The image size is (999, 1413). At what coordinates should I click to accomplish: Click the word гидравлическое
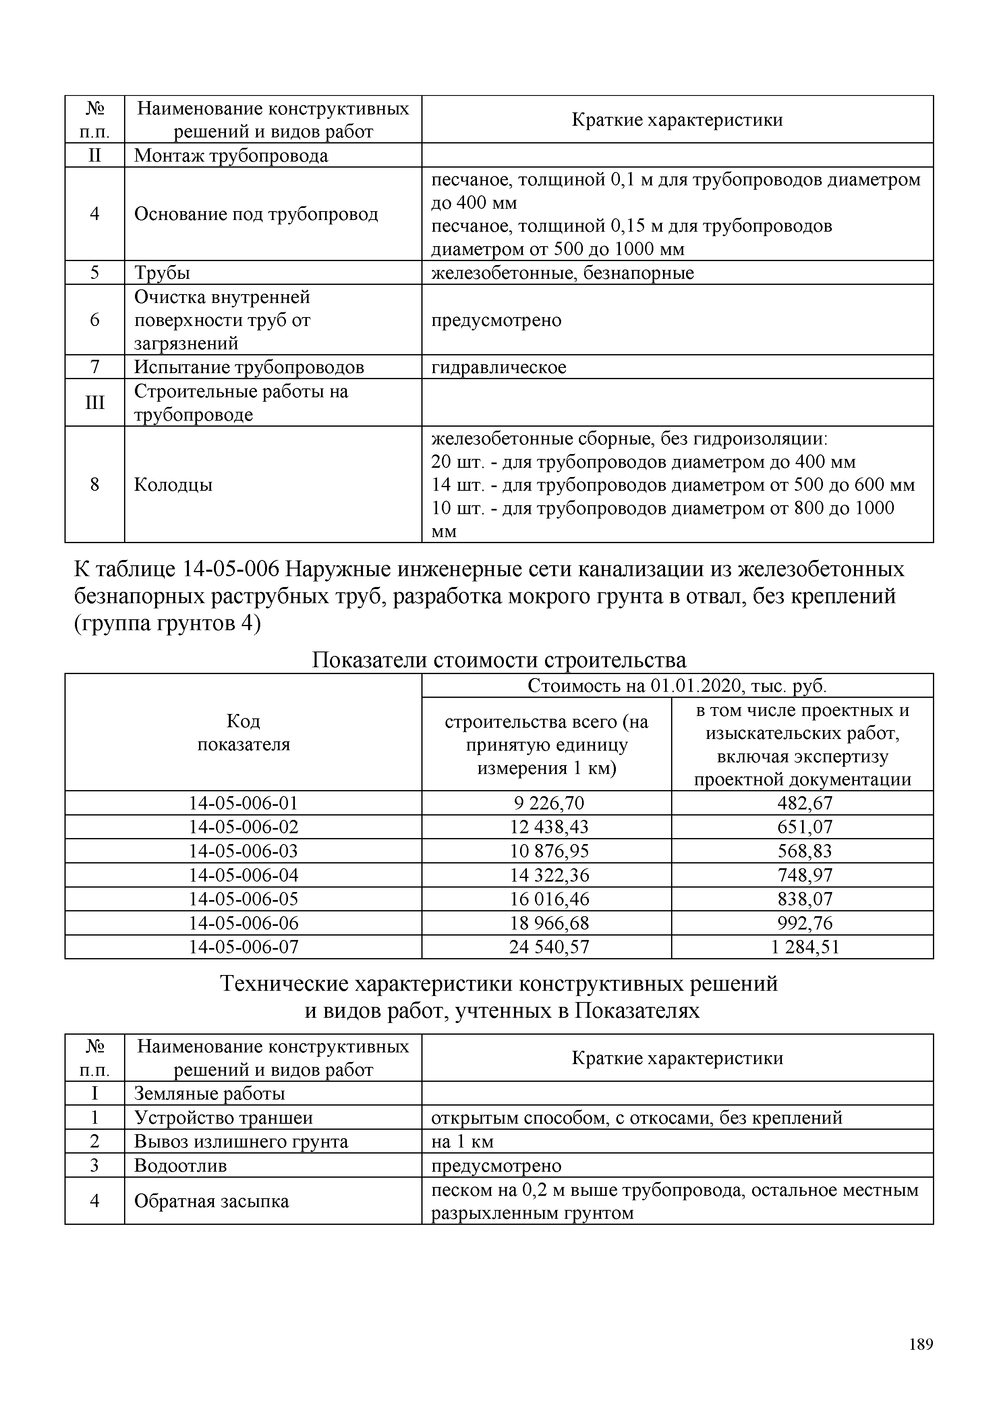pos(498,367)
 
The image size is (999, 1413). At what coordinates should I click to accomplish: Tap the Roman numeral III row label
pos(94,403)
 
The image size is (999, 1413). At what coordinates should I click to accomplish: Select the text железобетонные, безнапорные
pos(562,273)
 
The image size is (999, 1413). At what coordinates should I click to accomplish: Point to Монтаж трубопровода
pos(231,155)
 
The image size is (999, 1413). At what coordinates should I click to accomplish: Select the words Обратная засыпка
pos(211,1201)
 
